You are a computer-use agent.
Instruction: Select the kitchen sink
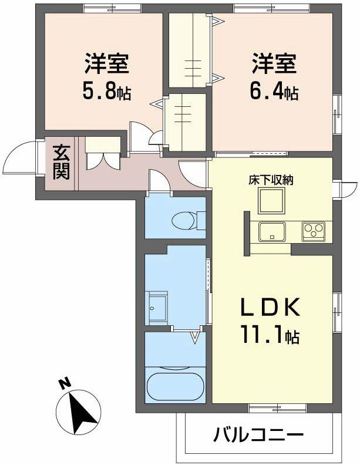pos(272,231)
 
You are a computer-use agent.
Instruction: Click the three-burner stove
pos(314,231)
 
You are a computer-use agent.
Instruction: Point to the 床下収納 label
pos(271,180)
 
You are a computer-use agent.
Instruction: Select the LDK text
pos(270,306)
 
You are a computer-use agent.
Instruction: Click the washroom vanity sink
pos(158,308)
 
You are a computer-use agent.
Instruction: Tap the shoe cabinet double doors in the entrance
pos(103,161)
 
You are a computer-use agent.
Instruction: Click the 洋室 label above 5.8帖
pos(107,63)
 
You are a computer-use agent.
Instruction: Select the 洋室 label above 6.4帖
pos(274,63)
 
